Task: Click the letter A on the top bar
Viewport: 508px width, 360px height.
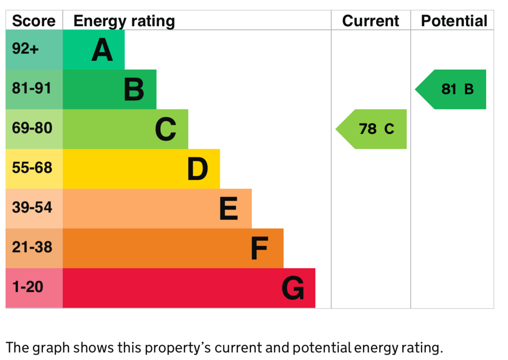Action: [102, 50]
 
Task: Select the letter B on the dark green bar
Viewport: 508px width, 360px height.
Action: [134, 90]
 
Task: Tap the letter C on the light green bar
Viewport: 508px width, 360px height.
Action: [166, 130]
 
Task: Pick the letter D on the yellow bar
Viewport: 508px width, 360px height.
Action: [197, 169]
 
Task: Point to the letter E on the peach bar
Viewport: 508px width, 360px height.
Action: [229, 209]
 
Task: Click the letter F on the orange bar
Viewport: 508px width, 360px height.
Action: [259, 249]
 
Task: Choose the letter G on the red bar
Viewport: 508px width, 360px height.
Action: [293, 288]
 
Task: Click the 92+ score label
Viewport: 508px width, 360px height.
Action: [25, 49]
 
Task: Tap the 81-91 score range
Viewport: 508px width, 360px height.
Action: [32, 88]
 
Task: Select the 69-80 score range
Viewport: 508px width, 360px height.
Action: [32, 128]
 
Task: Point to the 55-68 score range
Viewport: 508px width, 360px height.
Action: [32, 168]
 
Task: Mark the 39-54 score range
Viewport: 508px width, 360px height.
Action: [32, 208]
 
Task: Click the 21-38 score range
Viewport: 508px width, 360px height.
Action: [32, 247]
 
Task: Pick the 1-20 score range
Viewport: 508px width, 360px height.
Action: [28, 287]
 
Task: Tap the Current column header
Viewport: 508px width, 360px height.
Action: [371, 21]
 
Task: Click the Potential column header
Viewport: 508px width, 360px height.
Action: [454, 21]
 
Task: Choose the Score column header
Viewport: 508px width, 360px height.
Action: [34, 21]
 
